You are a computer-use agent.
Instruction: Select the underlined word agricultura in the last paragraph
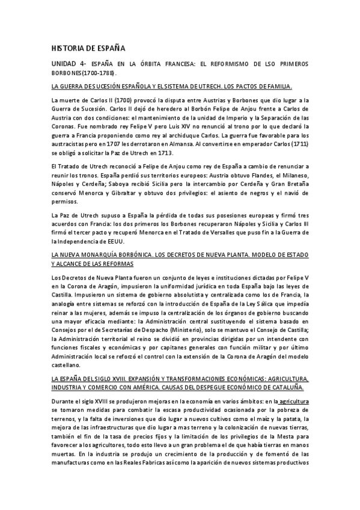point(290,400)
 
